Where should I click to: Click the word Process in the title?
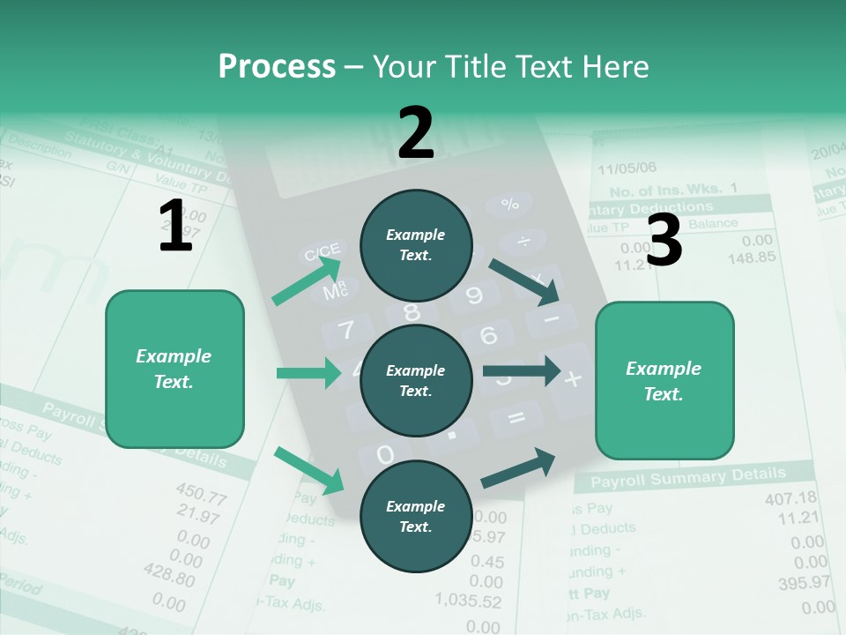coord(277,67)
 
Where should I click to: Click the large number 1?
coord(175,227)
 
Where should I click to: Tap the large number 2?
coord(416,133)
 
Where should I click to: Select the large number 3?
coord(664,241)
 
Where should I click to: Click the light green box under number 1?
coord(174,369)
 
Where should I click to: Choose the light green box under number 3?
coord(664,380)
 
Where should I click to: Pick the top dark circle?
coord(416,245)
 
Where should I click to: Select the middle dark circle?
coord(416,381)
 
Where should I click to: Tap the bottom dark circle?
coord(416,516)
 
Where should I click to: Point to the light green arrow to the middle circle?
coord(308,373)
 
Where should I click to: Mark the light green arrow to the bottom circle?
coord(308,470)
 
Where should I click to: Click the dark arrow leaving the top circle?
coord(524,281)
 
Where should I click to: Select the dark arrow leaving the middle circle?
coord(522,370)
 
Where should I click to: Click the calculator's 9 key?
coord(473,295)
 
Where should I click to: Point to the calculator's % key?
coord(509,205)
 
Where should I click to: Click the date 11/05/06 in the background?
coord(627,168)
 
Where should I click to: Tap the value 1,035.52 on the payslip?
coord(468,601)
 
